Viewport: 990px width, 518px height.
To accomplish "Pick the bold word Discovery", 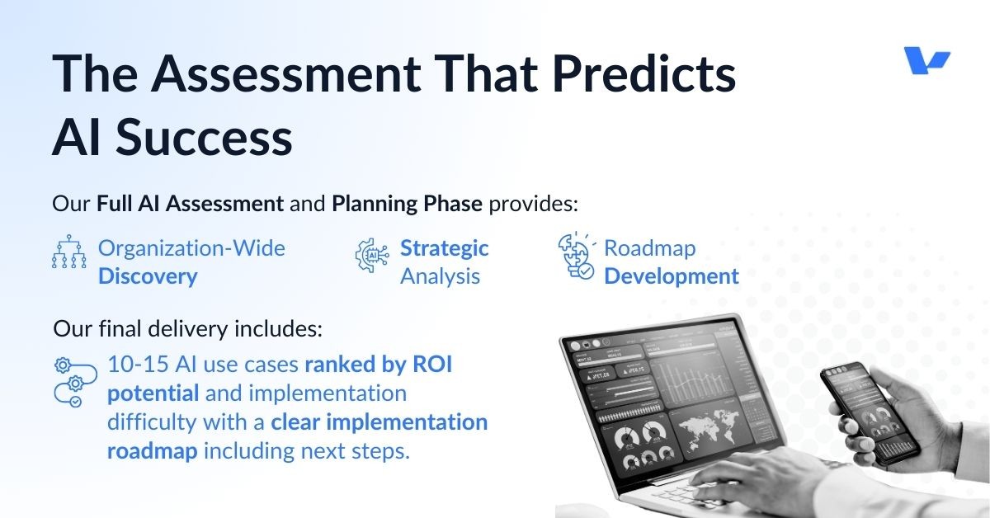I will pyautogui.click(x=148, y=276).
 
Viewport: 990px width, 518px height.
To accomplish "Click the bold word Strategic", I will pyautogui.click(x=444, y=248).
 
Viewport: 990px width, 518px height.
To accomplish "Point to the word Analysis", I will pyautogui.click(x=440, y=276).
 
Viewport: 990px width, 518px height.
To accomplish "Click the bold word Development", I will pyautogui.click(x=671, y=276).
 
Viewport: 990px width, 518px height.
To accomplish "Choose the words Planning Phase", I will pyautogui.click(x=407, y=204).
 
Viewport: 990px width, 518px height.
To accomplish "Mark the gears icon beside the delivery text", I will pyautogui.click(x=70, y=381).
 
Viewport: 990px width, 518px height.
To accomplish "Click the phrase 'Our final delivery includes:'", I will pyautogui.click(x=188, y=329).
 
